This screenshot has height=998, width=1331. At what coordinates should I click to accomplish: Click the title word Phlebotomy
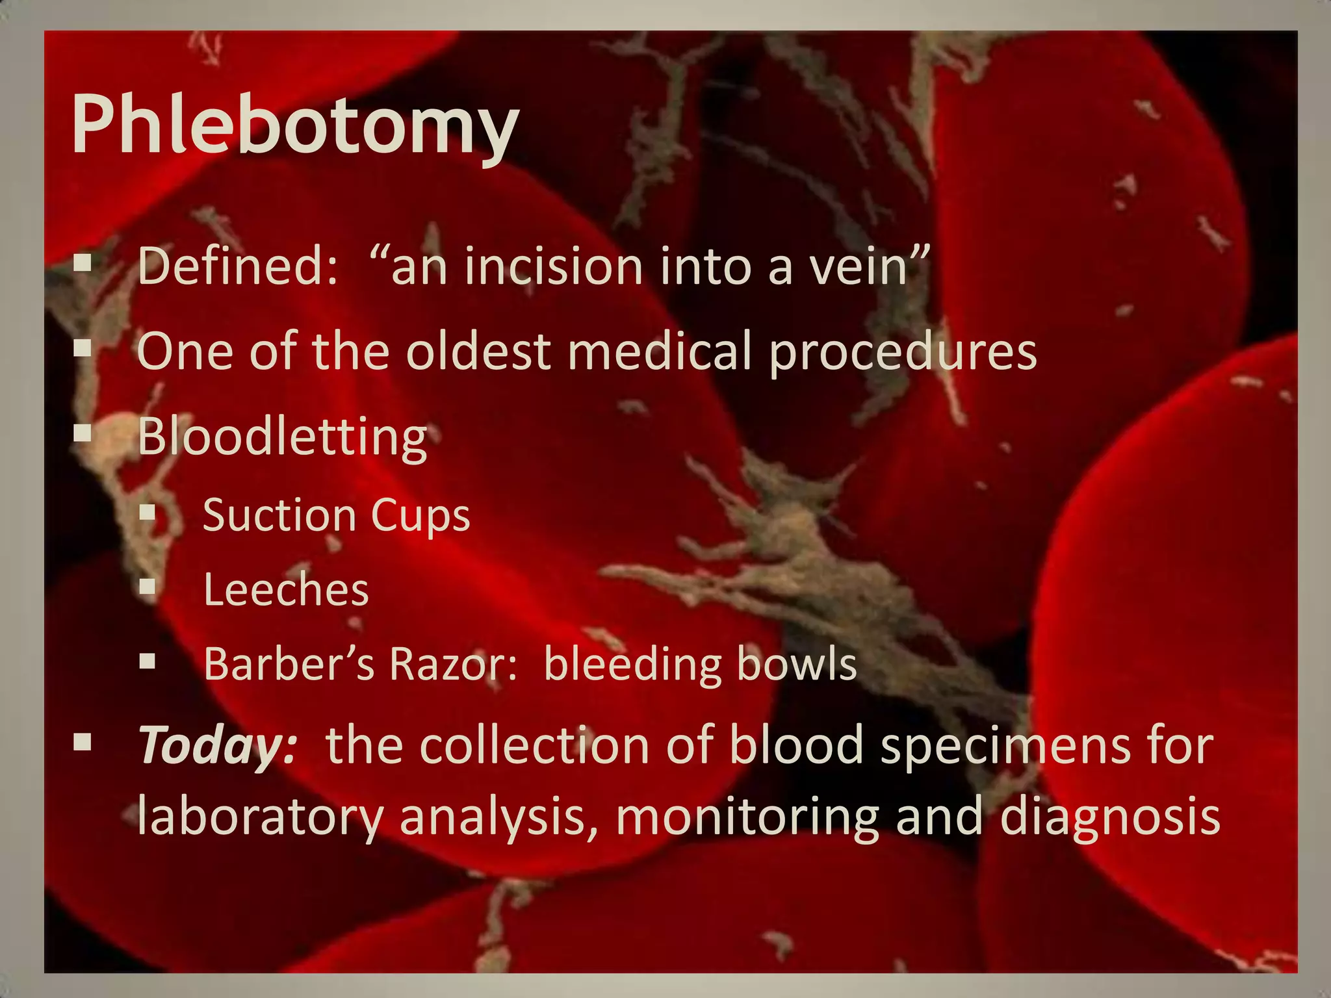(x=294, y=125)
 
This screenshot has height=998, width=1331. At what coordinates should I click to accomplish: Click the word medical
(x=660, y=352)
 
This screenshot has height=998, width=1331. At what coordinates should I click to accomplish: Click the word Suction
(x=279, y=515)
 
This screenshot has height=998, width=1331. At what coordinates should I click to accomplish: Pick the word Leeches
(x=286, y=590)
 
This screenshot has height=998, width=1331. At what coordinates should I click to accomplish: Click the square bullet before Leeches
(x=148, y=587)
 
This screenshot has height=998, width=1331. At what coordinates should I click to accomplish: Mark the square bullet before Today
(x=83, y=742)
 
